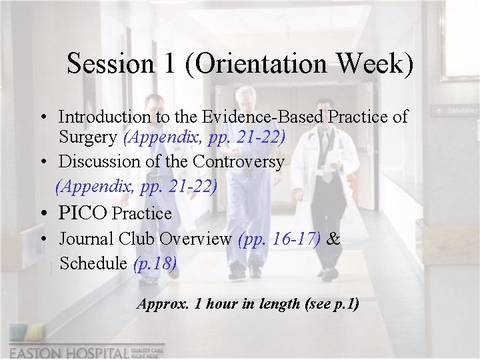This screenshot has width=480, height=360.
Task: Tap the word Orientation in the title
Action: coord(251,64)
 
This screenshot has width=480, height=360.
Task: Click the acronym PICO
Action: coord(83,213)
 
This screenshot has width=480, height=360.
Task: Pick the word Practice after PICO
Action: coord(141,214)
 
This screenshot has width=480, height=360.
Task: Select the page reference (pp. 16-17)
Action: coord(279,239)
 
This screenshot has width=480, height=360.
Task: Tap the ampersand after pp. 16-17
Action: coord(333,239)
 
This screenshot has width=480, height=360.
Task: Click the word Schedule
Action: coord(93,263)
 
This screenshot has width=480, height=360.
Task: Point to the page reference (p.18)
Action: coord(155,263)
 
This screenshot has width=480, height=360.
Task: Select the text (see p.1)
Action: coord(331,304)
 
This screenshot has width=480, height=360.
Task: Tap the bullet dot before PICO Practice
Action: coord(42,214)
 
